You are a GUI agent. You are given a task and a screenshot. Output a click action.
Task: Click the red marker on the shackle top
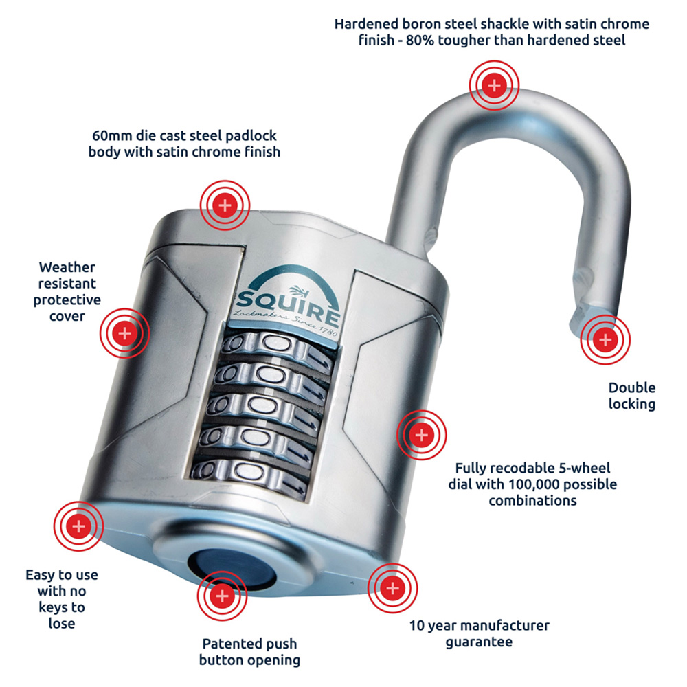pos(494,85)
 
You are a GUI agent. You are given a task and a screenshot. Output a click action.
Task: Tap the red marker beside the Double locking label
pos(605,339)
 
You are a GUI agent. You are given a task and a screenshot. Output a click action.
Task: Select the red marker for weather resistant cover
pos(124,333)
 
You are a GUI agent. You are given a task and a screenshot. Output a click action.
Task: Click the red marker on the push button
pos(222,596)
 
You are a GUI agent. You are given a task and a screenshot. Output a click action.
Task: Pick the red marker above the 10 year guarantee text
pos(392,588)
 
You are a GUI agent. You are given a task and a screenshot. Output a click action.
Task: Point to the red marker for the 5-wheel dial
pos(422,435)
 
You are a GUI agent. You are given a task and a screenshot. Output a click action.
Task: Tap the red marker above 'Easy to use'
pos(78,526)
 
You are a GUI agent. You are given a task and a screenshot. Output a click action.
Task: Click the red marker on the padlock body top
pos(225,205)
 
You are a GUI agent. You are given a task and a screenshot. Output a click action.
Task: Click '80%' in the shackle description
pos(420,40)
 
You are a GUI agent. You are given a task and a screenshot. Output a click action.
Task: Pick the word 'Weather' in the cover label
pos(67,267)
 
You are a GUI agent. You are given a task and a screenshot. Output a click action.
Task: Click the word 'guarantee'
pos(479,642)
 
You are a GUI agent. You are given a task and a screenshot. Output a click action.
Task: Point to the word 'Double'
pos(632,387)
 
